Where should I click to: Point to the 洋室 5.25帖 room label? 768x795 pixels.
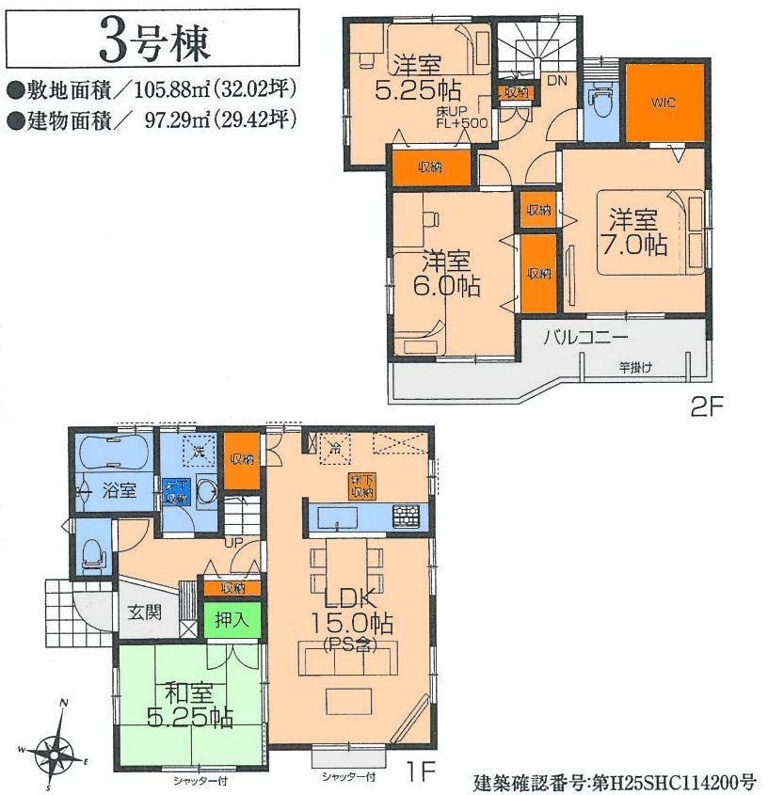[417, 79]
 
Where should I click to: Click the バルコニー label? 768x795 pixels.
[584, 340]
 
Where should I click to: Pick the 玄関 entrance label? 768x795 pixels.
[145, 612]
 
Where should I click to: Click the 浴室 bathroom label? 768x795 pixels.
[120, 489]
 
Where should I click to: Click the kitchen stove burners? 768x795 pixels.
[408, 516]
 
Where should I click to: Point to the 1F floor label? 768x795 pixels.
[421, 771]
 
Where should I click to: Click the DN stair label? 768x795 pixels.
[555, 81]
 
